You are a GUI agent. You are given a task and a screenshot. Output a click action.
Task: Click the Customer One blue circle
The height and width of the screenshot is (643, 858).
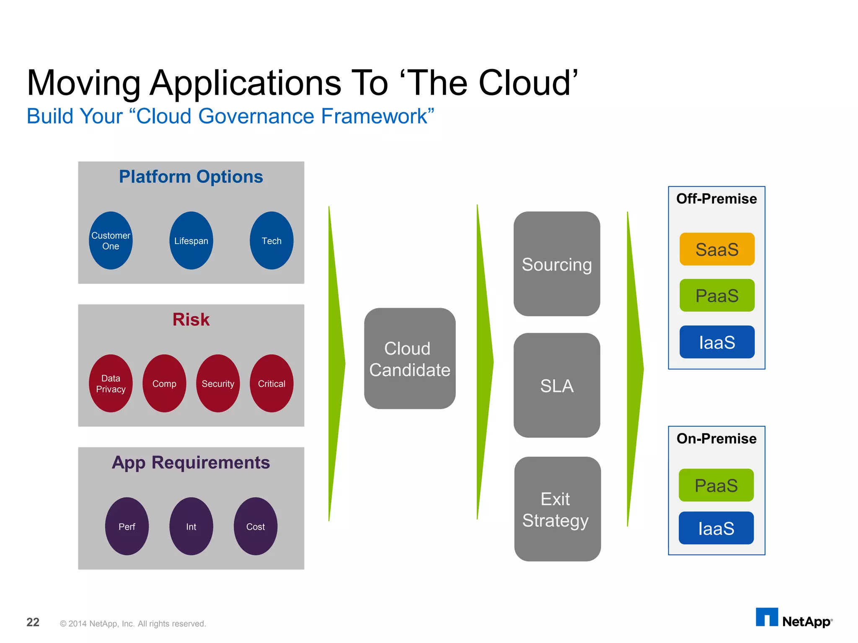click(x=111, y=241)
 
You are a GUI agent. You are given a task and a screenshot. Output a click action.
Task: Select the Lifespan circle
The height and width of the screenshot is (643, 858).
click(x=191, y=241)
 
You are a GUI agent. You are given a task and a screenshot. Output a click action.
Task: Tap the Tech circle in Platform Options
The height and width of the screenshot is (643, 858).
click(x=271, y=241)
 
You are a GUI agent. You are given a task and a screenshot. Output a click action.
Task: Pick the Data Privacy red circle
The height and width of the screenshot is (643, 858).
click(x=111, y=383)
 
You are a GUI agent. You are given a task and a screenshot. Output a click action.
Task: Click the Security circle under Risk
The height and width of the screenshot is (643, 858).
click(x=218, y=383)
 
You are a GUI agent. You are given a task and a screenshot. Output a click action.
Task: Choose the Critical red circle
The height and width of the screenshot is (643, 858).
click(x=271, y=383)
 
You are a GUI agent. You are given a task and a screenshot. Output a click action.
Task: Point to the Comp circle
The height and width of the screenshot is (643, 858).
click(x=164, y=383)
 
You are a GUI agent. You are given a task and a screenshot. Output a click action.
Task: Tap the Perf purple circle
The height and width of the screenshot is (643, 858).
click(x=127, y=526)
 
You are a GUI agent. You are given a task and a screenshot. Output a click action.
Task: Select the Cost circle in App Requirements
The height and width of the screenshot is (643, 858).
click(x=256, y=526)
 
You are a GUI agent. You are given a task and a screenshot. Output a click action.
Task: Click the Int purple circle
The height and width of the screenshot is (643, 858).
click(x=191, y=526)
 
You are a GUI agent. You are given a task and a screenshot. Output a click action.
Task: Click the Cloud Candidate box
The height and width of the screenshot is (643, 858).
click(x=410, y=359)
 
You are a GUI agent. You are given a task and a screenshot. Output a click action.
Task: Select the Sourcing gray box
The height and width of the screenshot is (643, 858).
click(x=557, y=264)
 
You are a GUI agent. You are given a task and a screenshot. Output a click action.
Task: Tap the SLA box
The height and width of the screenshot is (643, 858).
click(x=557, y=385)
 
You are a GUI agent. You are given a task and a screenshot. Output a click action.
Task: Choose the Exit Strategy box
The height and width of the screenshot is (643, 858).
click(x=557, y=509)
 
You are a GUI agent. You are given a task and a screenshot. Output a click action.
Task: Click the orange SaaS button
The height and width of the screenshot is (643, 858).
click(x=717, y=249)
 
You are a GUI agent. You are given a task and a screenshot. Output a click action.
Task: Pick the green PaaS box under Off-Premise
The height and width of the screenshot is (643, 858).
click(x=717, y=296)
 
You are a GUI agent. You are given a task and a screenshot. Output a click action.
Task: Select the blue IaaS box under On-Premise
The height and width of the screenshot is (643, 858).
click(x=716, y=528)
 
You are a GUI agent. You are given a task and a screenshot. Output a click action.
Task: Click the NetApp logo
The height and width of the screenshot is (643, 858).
click(x=793, y=618)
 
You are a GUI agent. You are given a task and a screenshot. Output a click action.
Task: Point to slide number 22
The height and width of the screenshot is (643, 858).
click(x=33, y=622)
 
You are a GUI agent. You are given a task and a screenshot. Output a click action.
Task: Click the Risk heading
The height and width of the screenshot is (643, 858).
click(x=191, y=320)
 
